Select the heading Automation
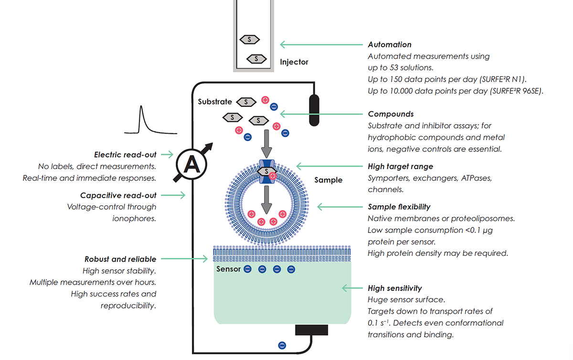(x=389, y=44)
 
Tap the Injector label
(x=294, y=62)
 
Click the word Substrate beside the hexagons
(x=214, y=102)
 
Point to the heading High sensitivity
(x=394, y=288)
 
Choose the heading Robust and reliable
(x=120, y=259)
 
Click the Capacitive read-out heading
(x=118, y=195)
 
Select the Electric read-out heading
(x=125, y=155)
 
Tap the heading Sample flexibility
(x=399, y=207)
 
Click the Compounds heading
(x=391, y=114)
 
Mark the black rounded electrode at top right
(x=314, y=110)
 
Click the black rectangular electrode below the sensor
(x=311, y=330)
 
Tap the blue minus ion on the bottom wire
(x=282, y=345)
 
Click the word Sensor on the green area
(x=228, y=269)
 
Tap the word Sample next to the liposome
(x=328, y=180)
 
